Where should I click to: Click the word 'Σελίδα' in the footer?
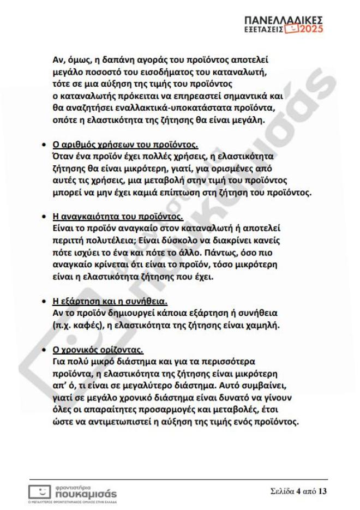tap(282, 491)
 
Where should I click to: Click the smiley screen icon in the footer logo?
tap(39, 491)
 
